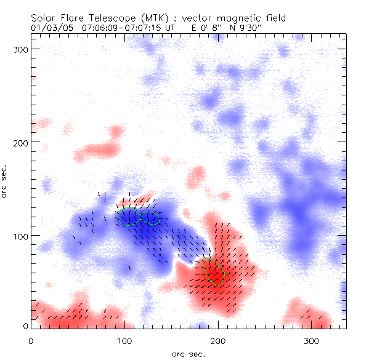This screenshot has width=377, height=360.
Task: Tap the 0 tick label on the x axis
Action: [31, 340]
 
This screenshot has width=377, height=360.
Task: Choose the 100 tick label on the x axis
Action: [124, 340]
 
